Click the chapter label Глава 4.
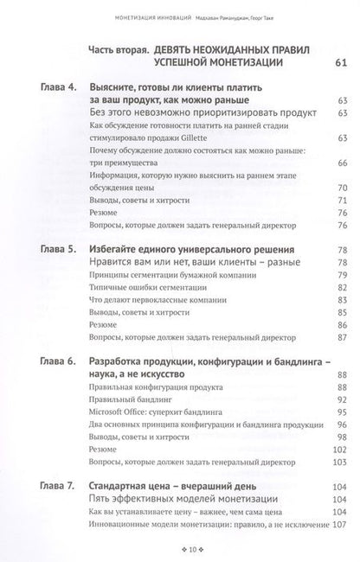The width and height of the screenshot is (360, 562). click(58, 89)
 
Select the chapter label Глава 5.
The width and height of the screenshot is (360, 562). click(58, 248)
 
